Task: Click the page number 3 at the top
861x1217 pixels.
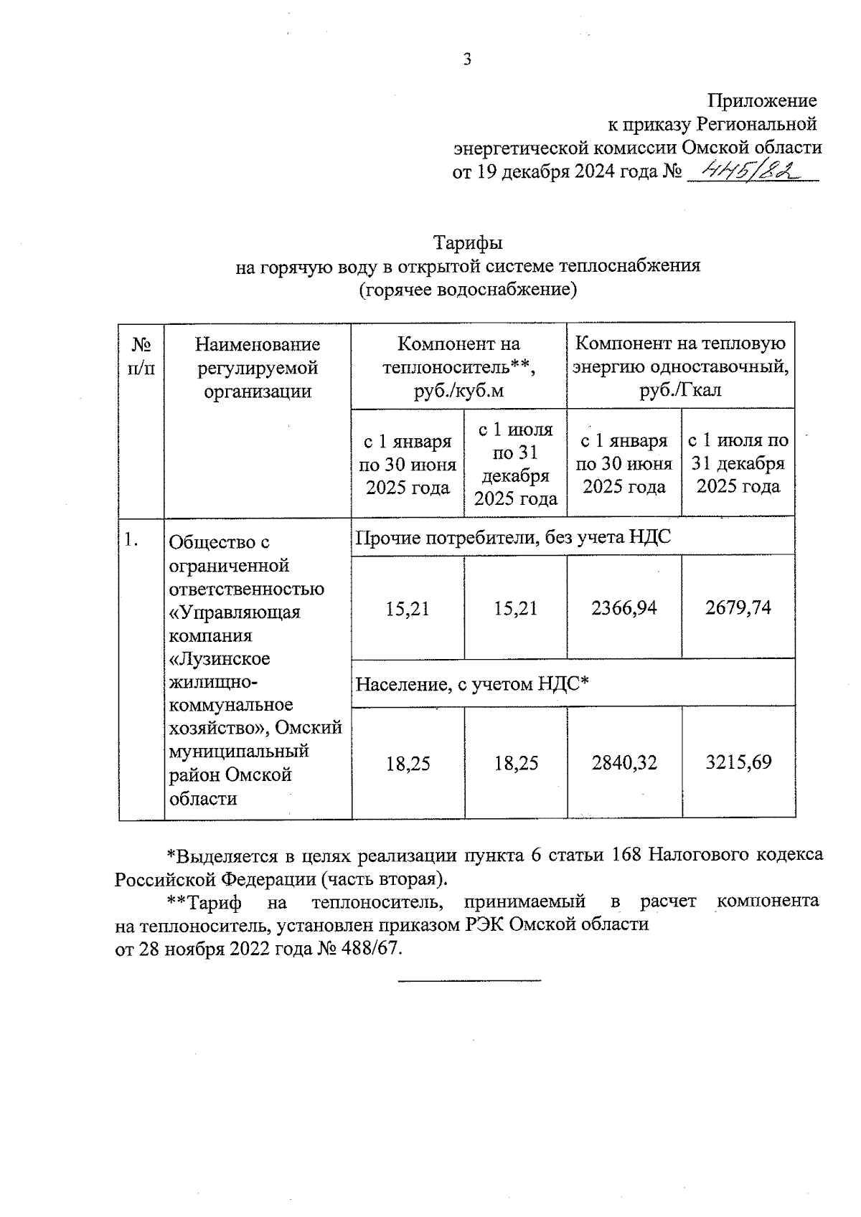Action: click(x=467, y=60)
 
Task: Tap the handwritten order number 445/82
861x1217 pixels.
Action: click(x=751, y=170)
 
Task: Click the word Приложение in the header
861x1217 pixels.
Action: click(x=762, y=100)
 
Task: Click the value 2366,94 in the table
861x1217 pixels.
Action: click(x=624, y=608)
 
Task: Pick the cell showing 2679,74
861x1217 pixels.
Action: click(x=738, y=608)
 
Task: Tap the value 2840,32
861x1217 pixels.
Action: click(x=624, y=762)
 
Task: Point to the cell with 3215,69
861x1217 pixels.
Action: click(x=738, y=762)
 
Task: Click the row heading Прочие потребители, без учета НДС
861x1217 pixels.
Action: click(x=513, y=536)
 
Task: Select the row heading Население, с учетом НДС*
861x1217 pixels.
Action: click(x=472, y=684)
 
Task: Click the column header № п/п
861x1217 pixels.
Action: click(x=141, y=356)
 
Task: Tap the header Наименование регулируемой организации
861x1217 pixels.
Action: click(x=258, y=368)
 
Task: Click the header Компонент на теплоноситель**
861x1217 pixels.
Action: click(x=458, y=368)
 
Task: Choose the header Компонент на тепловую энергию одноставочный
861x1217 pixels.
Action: click(x=680, y=368)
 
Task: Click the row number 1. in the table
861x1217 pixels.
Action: click(x=131, y=541)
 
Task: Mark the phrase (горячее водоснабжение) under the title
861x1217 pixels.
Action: click(x=468, y=289)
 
